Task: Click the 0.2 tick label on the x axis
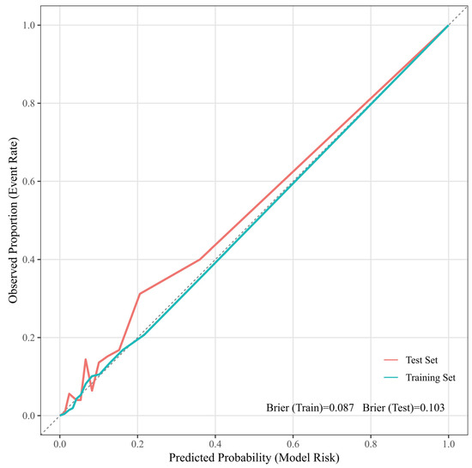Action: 137,445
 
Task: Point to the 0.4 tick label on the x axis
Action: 215,445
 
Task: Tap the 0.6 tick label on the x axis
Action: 293,445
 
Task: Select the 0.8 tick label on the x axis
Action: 371,445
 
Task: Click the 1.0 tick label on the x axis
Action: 449,445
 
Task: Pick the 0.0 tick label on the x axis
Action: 60,445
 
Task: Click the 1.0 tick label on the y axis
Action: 29,25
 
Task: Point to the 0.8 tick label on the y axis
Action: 29,103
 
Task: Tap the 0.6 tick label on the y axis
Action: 29,181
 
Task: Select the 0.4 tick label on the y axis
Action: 29,259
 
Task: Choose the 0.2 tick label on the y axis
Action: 29,337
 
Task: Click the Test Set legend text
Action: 421,360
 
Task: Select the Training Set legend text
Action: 431,377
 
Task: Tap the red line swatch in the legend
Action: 391,360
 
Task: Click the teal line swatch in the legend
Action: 391,377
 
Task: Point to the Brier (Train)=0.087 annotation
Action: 310,408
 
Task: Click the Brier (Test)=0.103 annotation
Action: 403,408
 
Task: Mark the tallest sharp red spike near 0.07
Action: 86,359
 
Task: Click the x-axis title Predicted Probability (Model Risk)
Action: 254,458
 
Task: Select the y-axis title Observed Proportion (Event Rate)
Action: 13,220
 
